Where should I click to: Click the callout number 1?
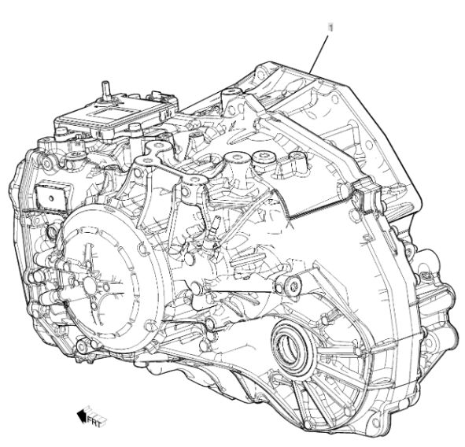pyautogui.click(x=330, y=28)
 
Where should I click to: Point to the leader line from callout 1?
pyautogui.click(x=319, y=54)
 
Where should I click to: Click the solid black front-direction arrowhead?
pyautogui.click(x=82, y=416)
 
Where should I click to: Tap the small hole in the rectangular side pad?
pyautogui.click(x=51, y=198)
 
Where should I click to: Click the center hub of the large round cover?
pyautogui.click(x=90, y=284)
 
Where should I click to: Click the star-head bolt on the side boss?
pyautogui.click(x=294, y=286)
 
